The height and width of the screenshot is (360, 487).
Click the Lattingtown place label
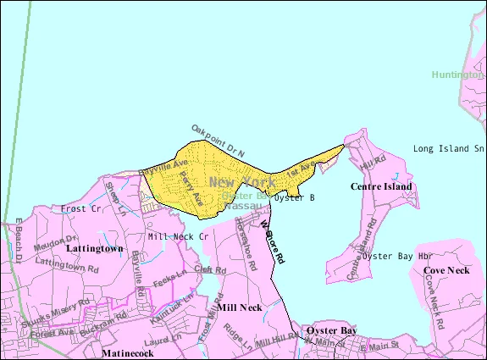95,249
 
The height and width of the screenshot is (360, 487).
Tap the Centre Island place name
381,186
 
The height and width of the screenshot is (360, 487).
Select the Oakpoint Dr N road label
218,137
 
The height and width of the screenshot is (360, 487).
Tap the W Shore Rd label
271,241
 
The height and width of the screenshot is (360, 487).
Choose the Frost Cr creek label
81,208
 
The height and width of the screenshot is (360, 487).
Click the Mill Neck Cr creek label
178,236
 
